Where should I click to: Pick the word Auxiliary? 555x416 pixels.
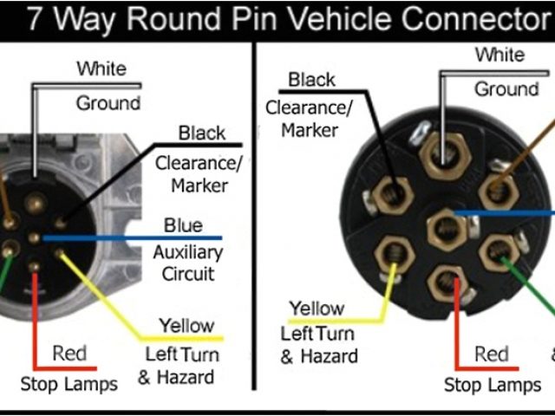pyautogui.click(x=188, y=253)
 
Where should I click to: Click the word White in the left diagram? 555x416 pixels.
pyautogui.click(x=101, y=68)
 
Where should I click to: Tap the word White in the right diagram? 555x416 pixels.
pyautogui.click(x=499, y=55)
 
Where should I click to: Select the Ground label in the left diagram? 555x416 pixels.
pyautogui.click(x=108, y=103)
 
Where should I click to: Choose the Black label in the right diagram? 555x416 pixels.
pyautogui.click(x=311, y=81)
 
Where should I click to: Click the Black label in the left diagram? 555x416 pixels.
pyautogui.click(x=201, y=133)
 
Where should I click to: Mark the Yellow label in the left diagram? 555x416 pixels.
pyautogui.click(x=186, y=326)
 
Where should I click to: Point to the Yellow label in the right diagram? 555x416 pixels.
pyautogui.click(x=317, y=308)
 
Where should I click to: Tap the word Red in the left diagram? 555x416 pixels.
pyautogui.click(x=69, y=354)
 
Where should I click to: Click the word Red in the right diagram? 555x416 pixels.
pyautogui.click(x=492, y=354)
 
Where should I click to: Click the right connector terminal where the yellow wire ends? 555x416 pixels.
pyautogui.click(x=392, y=257)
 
